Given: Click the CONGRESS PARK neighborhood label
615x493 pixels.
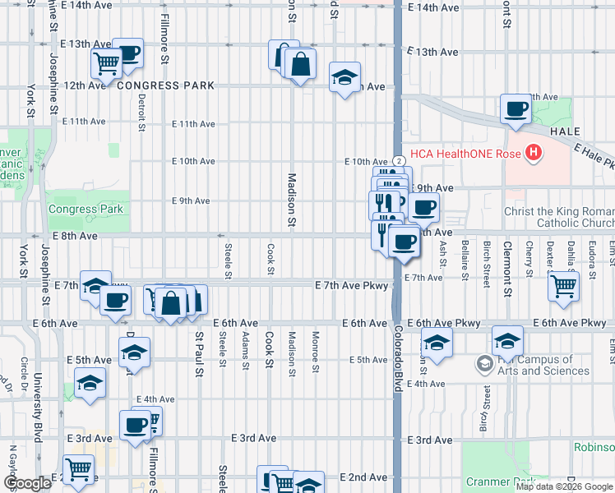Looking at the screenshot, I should [x=165, y=85].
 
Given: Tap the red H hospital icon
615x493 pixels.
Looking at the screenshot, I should [x=534, y=152].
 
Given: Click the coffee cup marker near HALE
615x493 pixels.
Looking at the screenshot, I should [x=516, y=109].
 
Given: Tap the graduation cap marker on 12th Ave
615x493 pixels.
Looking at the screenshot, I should [x=344, y=78].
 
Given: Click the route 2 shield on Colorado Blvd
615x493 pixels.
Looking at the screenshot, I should [x=397, y=161].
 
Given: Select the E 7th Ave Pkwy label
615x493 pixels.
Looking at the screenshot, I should [x=352, y=284].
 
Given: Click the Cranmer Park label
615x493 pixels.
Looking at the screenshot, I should [x=496, y=481].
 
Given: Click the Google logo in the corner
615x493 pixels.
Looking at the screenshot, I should [x=27, y=483].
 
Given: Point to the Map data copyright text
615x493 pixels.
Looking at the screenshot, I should [x=564, y=487].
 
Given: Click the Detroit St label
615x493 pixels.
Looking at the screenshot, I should [x=141, y=113].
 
